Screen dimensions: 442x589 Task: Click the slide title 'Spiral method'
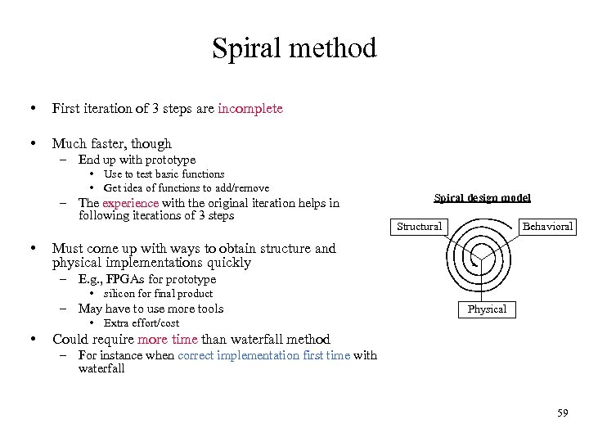294,48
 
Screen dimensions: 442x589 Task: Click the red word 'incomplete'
250,108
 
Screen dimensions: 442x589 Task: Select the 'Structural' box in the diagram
419,226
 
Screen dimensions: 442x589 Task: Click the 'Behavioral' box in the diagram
548,226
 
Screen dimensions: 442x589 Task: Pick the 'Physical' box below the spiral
487,309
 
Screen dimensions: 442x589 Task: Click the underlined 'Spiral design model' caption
482,197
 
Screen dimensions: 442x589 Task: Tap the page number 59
562,413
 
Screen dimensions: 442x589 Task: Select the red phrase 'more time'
168,339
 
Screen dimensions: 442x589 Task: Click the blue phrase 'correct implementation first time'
263,355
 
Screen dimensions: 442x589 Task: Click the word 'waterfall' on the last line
101,368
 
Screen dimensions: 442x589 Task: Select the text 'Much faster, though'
112,143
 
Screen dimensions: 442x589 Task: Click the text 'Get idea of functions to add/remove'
186,187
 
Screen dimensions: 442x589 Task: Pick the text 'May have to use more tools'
151,309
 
